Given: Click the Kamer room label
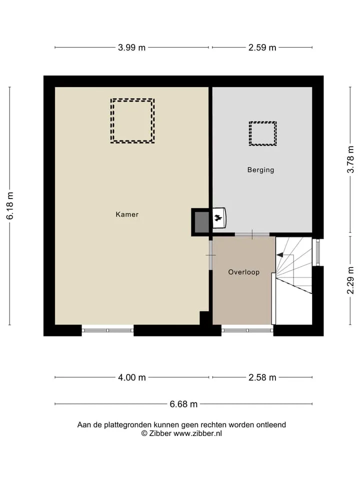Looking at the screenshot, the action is tap(127, 214).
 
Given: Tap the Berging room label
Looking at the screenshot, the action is tap(261, 169).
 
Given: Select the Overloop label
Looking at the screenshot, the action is tap(244, 272).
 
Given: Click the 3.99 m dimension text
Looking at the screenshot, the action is tap(131, 48).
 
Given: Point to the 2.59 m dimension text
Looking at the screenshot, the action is tap(262, 48).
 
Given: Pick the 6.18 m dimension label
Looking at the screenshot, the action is tap(10, 205).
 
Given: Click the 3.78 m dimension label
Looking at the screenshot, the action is tap(350, 159).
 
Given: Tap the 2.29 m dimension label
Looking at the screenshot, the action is tap(350, 280).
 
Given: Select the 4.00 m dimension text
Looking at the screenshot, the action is tap(132, 377).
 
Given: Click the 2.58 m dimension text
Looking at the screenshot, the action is tap(262, 377).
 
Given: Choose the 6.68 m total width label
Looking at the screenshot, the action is tap(183, 404).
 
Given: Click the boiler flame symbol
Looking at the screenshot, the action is tap(218, 218).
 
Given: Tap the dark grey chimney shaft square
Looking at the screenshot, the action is tap(202, 221).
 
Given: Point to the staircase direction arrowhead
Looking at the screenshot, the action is tap(279, 254).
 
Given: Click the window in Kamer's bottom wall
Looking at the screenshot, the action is tap(108, 330).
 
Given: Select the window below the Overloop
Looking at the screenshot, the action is tap(247, 330).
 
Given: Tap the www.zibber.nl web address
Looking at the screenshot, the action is tap(198, 433).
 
